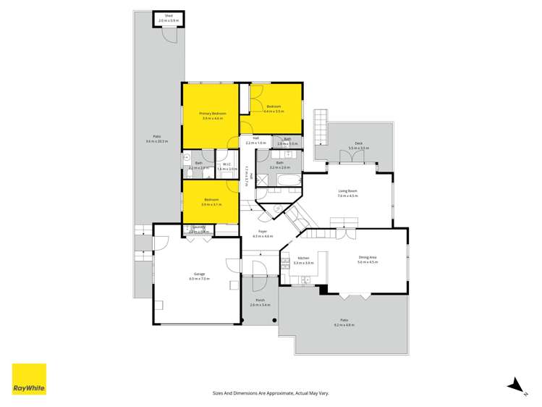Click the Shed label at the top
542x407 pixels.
point(168,14)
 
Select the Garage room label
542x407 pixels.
point(198,274)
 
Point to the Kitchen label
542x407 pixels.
point(304,258)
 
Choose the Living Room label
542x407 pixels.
point(348,191)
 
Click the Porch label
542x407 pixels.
point(260,301)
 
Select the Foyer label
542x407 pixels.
point(263,232)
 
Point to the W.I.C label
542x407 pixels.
point(226,164)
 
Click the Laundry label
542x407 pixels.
point(198,227)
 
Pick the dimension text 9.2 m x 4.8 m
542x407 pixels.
point(344,325)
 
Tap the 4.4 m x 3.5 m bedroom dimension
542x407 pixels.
point(274,112)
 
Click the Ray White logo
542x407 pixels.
point(29,379)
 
